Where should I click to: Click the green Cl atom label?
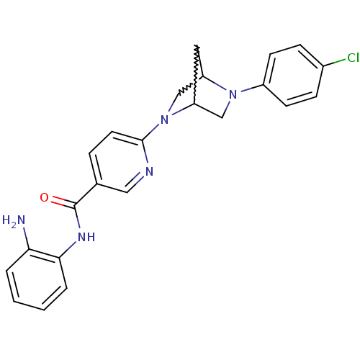click(x=353, y=58)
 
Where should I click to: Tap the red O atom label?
click(x=44, y=198)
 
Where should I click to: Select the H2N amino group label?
click(x=14, y=220)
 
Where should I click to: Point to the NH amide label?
click(x=86, y=237)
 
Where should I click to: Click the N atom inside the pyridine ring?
click(x=149, y=171)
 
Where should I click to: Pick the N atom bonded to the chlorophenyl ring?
click(x=233, y=94)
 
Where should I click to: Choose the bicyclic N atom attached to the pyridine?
click(x=164, y=120)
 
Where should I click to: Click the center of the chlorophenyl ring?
click(x=293, y=75)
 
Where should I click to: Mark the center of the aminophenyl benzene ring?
click(x=37, y=280)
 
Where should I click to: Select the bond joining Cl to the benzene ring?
click(x=335, y=62)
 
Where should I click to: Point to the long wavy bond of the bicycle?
click(x=196, y=74)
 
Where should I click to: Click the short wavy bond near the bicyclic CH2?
click(x=186, y=89)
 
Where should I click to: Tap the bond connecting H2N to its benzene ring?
click(x=26, y=238)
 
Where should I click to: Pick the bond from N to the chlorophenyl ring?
click(x=252, y=88)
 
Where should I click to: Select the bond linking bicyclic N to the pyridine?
click(x=151, y=132)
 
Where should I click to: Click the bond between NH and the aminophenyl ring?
click(x=68, y=250)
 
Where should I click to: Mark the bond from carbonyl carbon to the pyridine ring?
click(x=86, y=194)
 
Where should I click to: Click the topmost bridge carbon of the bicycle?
click(x=197, y=45)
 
